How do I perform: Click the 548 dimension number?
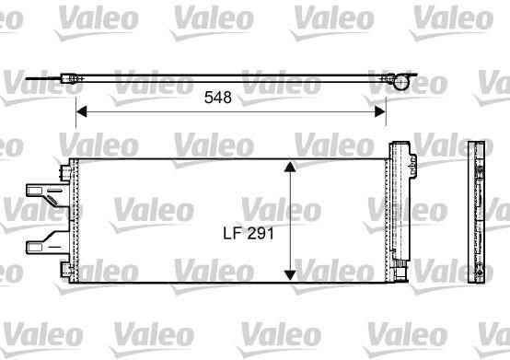click(218, 98)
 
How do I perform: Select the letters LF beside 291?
click(233, 233)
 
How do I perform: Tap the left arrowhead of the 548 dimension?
click(82, 111)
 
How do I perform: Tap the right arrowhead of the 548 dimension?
click(380, 111)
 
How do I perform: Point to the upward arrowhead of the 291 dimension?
click(290, 166)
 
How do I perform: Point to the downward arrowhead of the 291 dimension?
click(290, 275)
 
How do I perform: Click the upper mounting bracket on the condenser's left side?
click(48, 194)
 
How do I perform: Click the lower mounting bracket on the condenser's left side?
click(48, 242)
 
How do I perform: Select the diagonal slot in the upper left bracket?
click(52, 201)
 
